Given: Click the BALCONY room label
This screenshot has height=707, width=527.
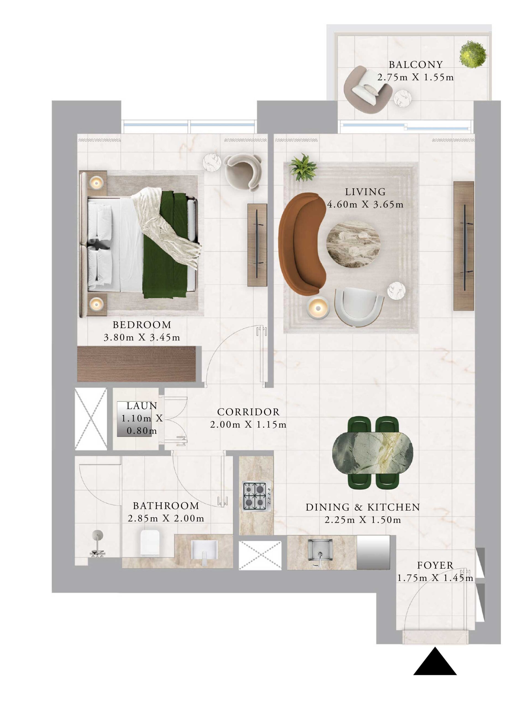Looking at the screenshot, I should click(x=415, y=65).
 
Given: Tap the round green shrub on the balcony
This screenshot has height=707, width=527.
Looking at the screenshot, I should click(x=473, y=54).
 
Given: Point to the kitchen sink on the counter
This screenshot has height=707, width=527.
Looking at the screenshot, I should click(x=321, y=551).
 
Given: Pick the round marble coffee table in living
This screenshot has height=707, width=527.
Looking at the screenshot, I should click(x=353, y=244).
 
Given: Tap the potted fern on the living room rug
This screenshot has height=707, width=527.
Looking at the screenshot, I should click(x=302, y=168).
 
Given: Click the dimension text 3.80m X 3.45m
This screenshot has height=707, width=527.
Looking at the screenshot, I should click(x=142, y=337).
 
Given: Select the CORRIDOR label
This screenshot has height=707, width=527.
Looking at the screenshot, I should click(x=248, y=412).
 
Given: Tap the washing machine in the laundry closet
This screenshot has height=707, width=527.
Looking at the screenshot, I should click(x=134, y=419).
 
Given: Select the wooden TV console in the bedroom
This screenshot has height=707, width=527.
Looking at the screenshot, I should click(x=257, y=245).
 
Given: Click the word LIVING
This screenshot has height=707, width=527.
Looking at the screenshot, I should click(x=365, y=192).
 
